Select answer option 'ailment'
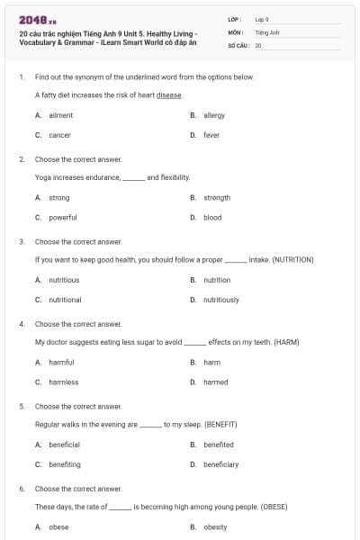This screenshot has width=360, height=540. pos(60,116)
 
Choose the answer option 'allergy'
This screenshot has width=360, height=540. pos(213,116)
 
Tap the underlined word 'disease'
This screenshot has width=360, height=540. pos(168,94)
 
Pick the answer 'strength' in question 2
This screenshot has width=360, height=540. pos(217,198)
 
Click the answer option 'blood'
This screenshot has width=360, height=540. pos(212,218)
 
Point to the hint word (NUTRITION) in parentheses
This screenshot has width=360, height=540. pos(287,260)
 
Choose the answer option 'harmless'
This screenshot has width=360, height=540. pos(63,382)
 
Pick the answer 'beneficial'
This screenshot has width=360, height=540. pos(64,445)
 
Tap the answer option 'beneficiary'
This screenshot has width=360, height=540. pos(220,465)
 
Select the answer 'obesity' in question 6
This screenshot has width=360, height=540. pos(215,527)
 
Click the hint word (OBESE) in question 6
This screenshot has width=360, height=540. pos(273,507)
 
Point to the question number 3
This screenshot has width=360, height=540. pos(22,242)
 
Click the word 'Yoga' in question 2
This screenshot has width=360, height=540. pos(42,177)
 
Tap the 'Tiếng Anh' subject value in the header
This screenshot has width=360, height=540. pos(266,31)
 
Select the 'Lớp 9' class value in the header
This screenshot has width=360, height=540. pos(262,19)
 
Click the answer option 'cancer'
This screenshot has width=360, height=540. pos(59,136)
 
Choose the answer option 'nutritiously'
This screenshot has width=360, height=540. pos(220,300)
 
